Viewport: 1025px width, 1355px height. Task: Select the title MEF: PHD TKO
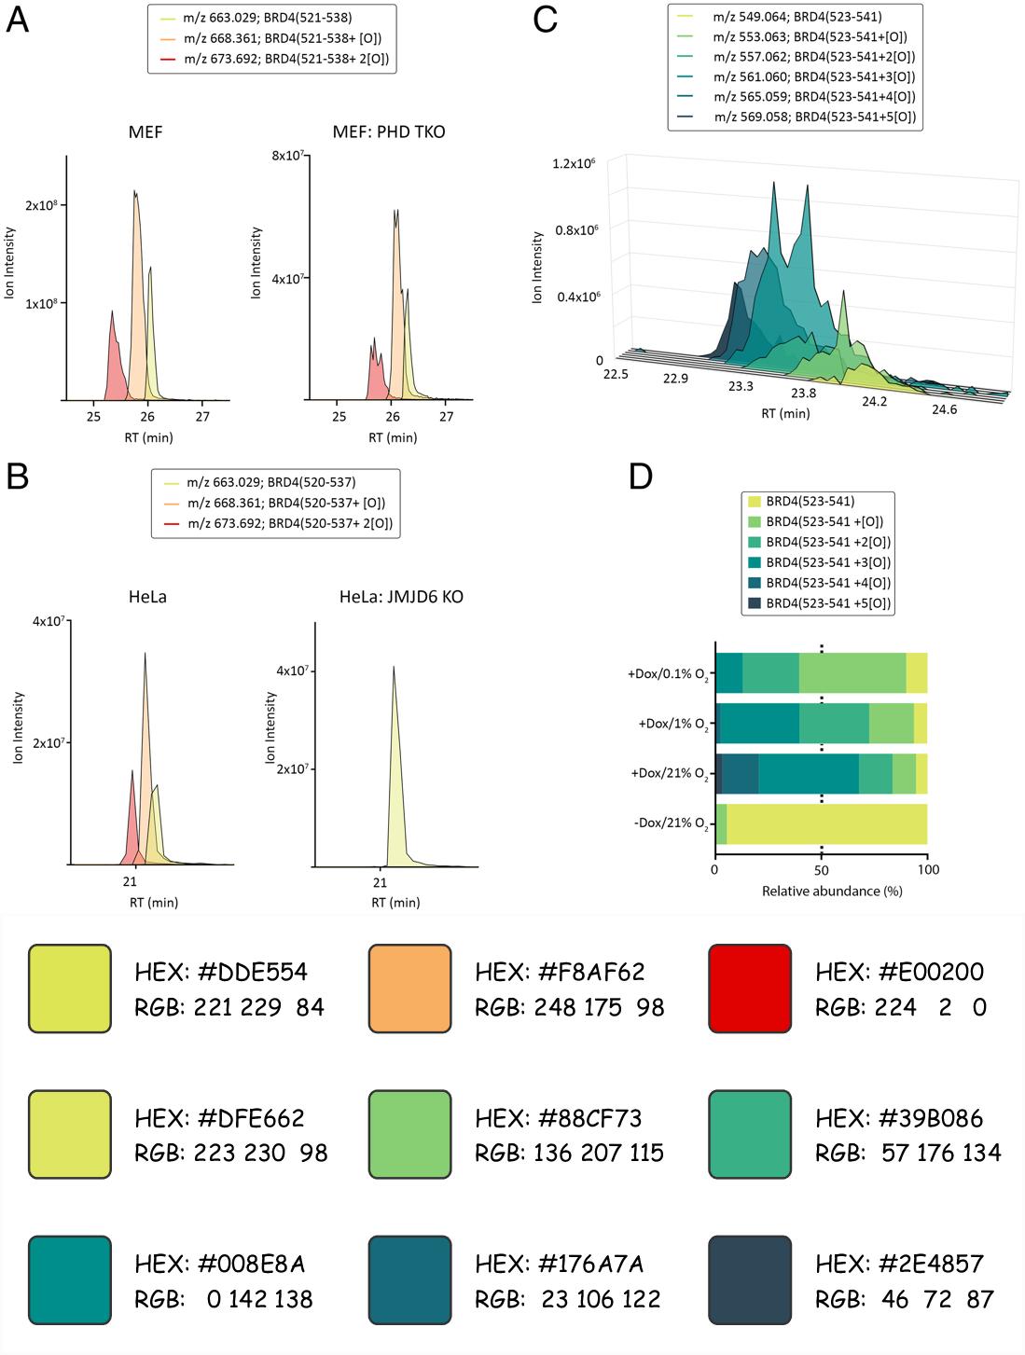[x=389, y=132]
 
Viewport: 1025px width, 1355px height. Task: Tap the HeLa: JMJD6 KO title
[x=401, y=597]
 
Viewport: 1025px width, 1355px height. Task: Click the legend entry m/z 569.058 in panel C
[x=814, y=118]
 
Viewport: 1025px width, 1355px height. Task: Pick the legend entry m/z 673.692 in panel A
[x=286, y=59]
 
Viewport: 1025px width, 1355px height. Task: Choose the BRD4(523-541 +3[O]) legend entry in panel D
[x=827, y=562]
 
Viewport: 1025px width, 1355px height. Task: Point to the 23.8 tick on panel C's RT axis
[x=803, y=394]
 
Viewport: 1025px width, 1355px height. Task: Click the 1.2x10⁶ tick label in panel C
[x=574, y=164]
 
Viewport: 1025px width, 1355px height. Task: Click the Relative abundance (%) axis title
[x=832, y=892]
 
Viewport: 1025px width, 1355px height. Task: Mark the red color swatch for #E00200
[x=750, y=989]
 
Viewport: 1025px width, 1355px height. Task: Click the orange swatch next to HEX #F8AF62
[x=409, y=989]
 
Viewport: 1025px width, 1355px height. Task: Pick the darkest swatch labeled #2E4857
[x=750, y=1280]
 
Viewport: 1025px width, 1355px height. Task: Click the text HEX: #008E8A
[x=220, y=1264]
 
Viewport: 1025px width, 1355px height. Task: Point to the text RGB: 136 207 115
[x=569, y=1153]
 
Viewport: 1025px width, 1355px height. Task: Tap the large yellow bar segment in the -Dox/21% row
[x=826, y=824]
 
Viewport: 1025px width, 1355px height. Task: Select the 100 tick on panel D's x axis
[x=928, y=869]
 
